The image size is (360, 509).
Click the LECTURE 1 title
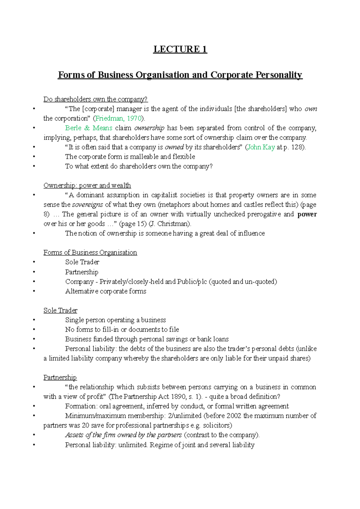pos(180,49)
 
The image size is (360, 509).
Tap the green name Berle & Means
pos(88,128)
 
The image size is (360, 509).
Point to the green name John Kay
pos(261,147)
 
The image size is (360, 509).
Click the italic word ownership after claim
pos(149,128)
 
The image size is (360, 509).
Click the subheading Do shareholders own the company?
pos(95,99)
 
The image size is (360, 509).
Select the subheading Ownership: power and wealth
pos(87,186)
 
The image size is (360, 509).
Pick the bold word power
pos(307,214)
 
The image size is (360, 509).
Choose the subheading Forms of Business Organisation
pos(90,253)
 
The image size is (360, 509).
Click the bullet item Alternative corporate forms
pos(106,291)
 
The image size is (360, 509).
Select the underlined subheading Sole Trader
pos(60,311)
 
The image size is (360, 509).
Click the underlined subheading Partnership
pos(60,378)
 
